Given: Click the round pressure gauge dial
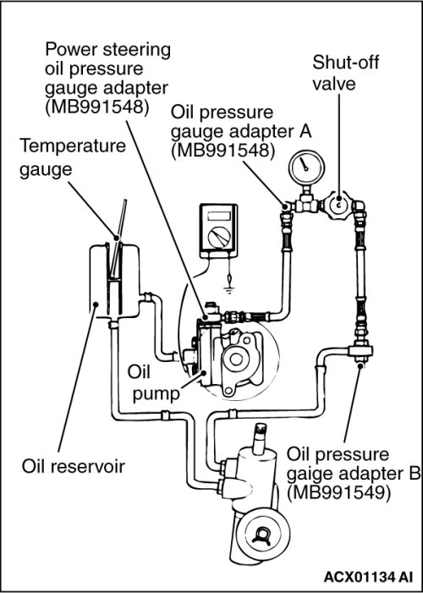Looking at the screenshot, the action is coord(306,167).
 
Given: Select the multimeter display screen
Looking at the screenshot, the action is coord(218,217).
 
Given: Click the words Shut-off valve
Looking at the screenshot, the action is coord(345,74).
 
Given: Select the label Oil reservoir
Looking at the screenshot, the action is coord(73,466).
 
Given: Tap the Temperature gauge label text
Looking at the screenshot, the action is coord(73,157).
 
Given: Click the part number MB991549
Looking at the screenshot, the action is coord(338,493).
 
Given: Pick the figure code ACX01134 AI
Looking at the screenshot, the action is coord(368,577).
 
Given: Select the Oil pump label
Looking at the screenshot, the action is coord(153,382).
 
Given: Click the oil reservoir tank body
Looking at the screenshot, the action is coord(114,281).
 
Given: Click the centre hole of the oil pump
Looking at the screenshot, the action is coord(236,359).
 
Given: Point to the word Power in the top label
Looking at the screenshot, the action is coord(72,51).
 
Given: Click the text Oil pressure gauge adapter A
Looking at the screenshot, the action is coord(241,132).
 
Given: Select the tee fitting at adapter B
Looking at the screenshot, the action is coord(360,350).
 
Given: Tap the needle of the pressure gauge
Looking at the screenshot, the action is coord(305,164).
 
